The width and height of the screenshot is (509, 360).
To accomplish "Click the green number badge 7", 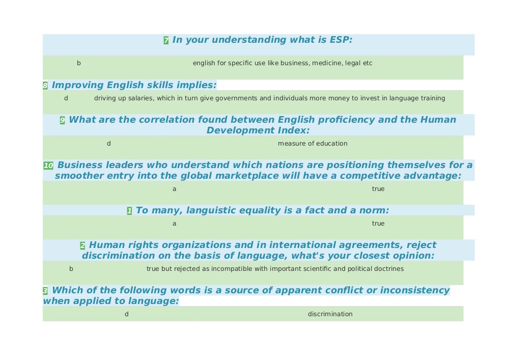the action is click(166, 40).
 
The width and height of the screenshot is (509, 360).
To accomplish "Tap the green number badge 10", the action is click(48, 165).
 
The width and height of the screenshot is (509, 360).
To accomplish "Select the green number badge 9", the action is click(62, 120).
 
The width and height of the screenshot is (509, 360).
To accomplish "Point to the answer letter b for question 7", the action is click(78, 63).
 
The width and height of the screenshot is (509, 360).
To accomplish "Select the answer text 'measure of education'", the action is click(313, 144).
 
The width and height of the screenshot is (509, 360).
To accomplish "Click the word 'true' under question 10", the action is click(378, 188).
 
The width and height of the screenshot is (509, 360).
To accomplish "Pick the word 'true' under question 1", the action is click(378, 224).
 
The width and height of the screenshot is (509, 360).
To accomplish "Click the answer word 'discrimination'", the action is click(330, 314).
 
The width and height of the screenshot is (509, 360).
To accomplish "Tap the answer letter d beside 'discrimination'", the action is click(127, 314).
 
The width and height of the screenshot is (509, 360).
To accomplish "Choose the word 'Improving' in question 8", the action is click(78, 85).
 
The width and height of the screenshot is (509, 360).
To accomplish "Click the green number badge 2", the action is click(82, 245).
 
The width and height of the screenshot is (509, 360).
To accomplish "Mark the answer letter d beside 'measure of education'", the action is click(109, 144).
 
